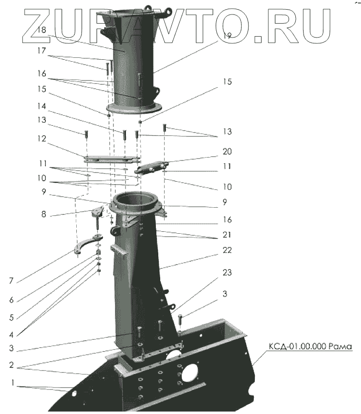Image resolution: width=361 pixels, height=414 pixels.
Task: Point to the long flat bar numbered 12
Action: [x=111, y=158]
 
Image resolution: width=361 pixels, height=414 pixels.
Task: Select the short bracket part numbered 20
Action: [x=151, y=168]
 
